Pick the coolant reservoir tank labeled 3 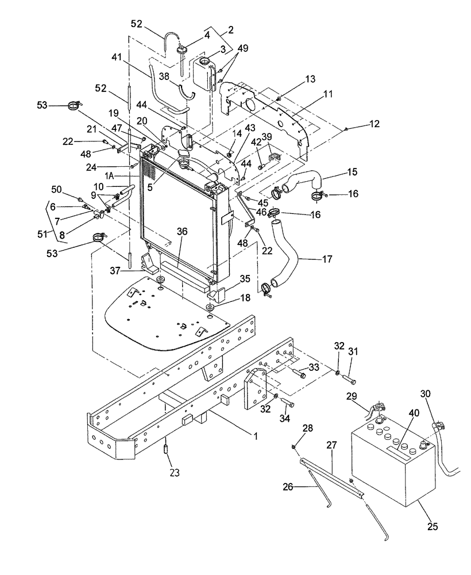(x=202, y=71)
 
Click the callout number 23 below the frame (x=174, y=473)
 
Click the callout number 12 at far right (x=374, y=124)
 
